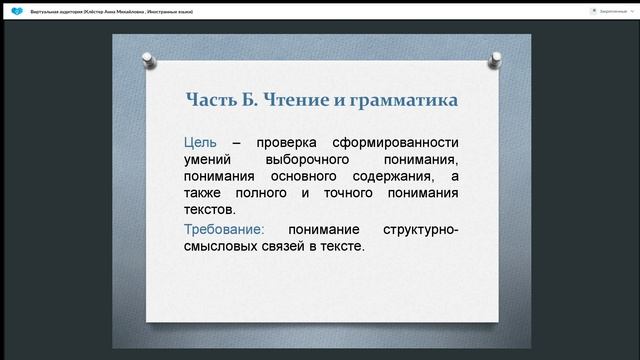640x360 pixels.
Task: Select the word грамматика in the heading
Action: click(x=402, y=100)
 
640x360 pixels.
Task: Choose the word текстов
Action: click(x=210, y=210)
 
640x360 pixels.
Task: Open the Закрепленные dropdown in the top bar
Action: click(x=607, y=10)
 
